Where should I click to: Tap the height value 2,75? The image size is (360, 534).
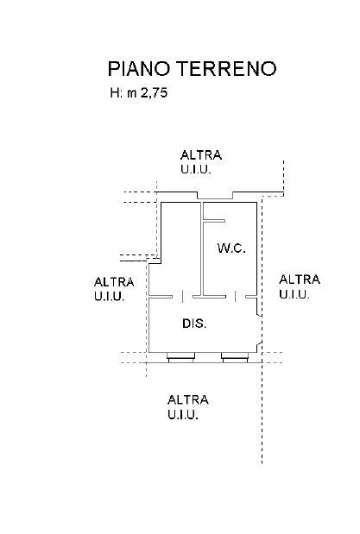pyautogui.click(x=153, y=95)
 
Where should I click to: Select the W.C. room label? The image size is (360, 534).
pyautogui.click(x=231, y=248)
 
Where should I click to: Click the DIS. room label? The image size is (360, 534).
pyautogui.click(x=193, y=324)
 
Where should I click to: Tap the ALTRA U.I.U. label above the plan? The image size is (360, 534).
pyautogui.click(x=201, y=162)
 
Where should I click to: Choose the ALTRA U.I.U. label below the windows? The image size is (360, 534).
pyautogui.click(x=188, y=406)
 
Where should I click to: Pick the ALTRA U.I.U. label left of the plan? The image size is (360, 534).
pyautogui.click(x=114, y=289)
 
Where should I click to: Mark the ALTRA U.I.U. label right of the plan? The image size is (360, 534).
pyautogui.click(x=300, y=286)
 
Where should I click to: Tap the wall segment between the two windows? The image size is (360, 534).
pyautogui.click(x=208, y=354)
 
